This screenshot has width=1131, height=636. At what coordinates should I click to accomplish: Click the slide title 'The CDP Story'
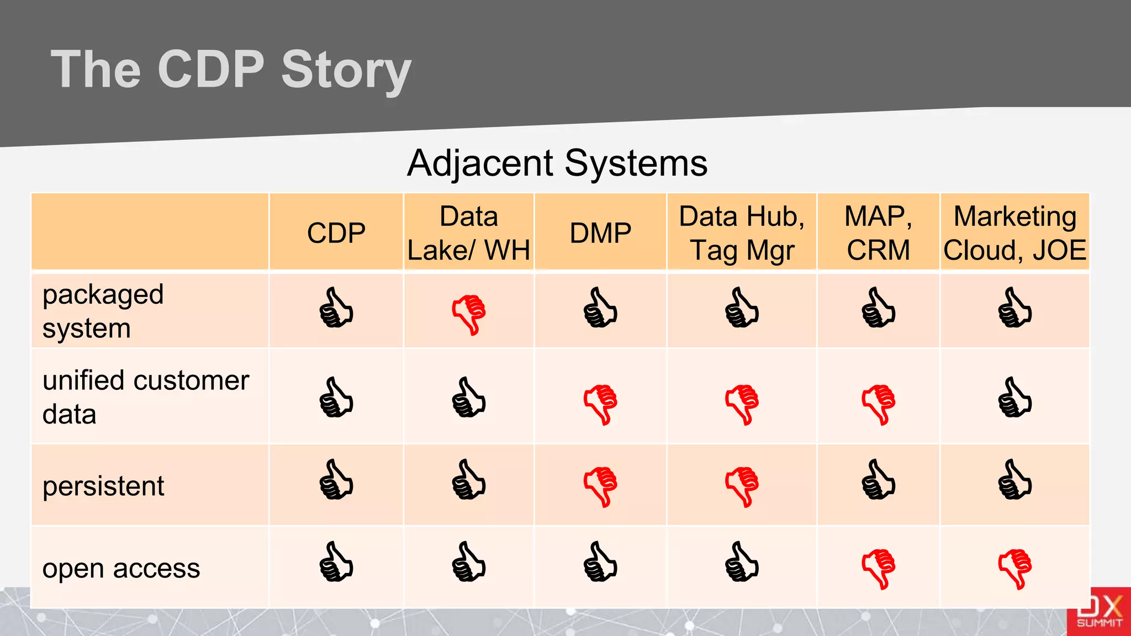tap(231, 70)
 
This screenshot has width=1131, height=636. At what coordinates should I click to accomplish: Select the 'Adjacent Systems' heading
tap(557, 163)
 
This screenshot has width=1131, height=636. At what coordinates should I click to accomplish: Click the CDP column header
tap(336, 233)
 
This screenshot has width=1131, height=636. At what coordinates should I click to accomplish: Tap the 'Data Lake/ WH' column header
tap(468, 233)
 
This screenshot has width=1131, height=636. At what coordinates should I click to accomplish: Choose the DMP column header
tap(600, 233)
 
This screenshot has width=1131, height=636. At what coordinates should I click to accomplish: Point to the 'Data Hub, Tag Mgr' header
tap(741, 233)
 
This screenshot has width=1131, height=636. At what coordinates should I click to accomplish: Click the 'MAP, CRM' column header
tap(878, 233)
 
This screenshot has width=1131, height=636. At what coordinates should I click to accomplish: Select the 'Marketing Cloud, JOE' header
tap(1014, 233)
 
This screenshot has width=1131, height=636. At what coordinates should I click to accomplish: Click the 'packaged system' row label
tap(103, 311)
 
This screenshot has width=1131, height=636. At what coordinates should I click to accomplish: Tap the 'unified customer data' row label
tap(146, 397)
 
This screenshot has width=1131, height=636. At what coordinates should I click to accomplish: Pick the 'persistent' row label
tap(103, 486)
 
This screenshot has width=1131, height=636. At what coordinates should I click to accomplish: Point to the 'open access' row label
tap(121, 568)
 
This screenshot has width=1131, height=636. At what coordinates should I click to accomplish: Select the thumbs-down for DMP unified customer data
tap(600, 404)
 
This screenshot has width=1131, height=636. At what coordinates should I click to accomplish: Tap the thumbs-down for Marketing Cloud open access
tap(1015, 569)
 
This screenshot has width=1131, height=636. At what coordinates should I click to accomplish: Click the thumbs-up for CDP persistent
tap(336, 480)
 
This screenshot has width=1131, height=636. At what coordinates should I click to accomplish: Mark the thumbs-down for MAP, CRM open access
tap(878, 569)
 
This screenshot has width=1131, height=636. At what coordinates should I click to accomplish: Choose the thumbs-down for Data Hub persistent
tap(742, 486)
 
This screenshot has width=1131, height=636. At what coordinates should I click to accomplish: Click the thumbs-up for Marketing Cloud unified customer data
tap(1014, 397)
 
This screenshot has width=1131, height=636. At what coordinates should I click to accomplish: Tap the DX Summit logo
tap(1098, 612)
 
